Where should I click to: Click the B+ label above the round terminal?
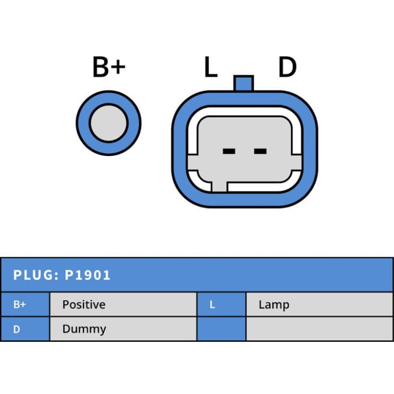click(x=109, y=66)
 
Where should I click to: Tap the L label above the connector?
click(x=211, y=66)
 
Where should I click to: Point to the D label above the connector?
click(x=288, y=66)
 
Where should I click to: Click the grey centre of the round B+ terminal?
click(x=108, y=123)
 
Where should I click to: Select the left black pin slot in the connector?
click(x=229, y=151)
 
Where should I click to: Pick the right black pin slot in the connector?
click(x=261, y=151)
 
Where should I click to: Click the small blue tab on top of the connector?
click(x=243, y=83)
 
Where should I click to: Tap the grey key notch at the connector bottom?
click(x=219, y=187)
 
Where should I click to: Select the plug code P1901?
click(x=88, y=275)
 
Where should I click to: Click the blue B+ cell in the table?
click(x=25, y=304)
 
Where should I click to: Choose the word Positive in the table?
click(x=84, y=304)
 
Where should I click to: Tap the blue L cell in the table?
click(x=221, y=304)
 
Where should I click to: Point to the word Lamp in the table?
click(x=274, y=305)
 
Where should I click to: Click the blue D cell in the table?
click(x=25, y=328)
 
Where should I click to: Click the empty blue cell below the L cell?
click(x=221, y=328)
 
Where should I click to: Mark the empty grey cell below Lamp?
click(x=320, y=328)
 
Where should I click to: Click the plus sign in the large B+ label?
click(x=118, y=67)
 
